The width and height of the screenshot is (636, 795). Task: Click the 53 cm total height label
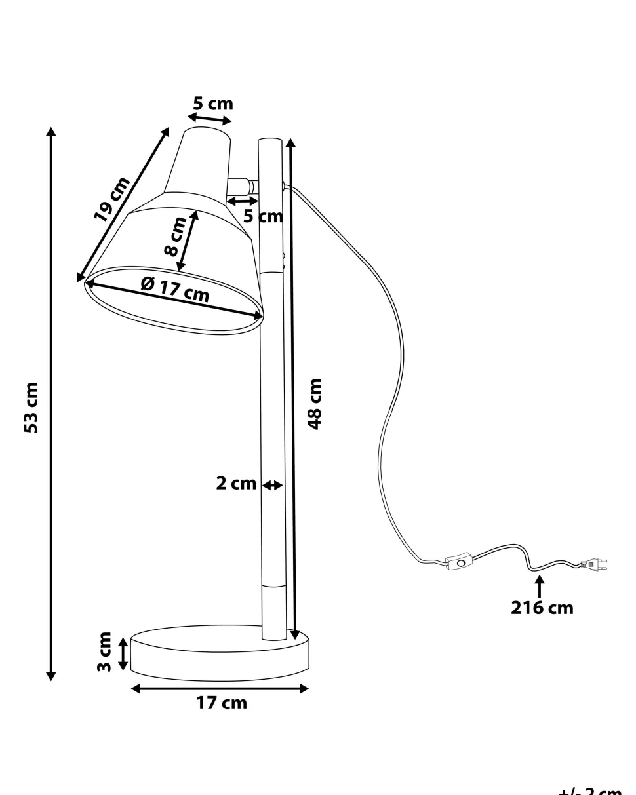point(31,407)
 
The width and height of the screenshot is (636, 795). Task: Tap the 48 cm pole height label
point(315,403)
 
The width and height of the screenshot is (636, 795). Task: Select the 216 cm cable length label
point(542,608)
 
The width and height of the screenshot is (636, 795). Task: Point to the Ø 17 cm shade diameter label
point(175,288)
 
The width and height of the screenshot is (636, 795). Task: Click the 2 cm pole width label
point(236,484)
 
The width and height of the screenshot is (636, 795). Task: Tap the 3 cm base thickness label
point(104,651)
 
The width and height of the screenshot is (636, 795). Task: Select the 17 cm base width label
point(222,703)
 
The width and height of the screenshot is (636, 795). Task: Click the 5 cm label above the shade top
point(212,104)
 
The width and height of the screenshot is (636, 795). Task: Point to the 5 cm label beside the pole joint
point(263,216)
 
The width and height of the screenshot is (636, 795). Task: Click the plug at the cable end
point(592,563)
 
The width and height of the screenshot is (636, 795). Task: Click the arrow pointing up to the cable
point(540,585)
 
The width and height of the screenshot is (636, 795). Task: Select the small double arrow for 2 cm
point(272,486)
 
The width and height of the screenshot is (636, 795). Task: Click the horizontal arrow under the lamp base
point(220,688)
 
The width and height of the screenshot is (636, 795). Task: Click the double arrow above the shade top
point(210,119)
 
